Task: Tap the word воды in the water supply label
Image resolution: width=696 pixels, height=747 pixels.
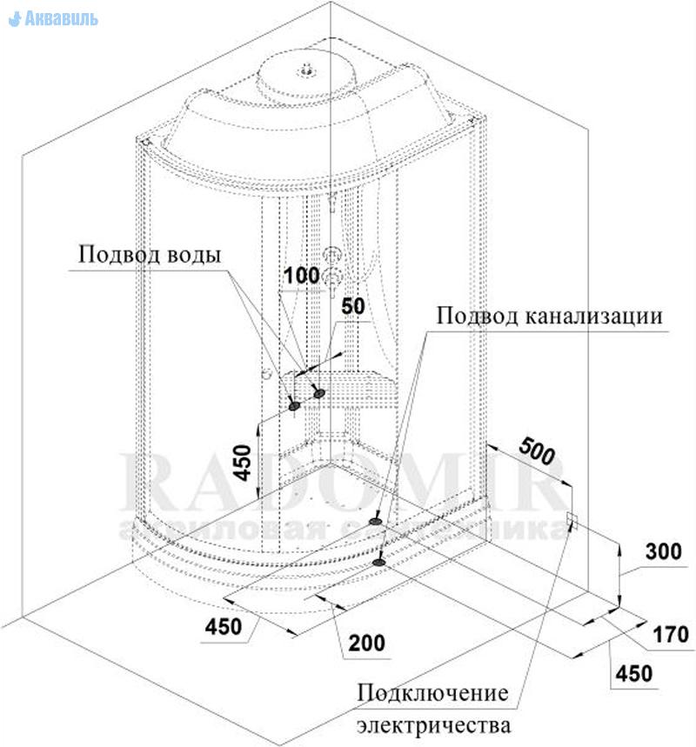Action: pos(192,256)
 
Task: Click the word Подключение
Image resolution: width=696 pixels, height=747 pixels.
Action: pos(432,693)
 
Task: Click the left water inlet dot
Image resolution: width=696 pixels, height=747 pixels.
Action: pos(294,404)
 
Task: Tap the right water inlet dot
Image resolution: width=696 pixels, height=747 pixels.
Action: pos(319,394)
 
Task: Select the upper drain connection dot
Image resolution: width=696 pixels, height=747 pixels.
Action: pos(375,521)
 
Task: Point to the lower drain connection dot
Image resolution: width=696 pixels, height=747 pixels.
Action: pos(380,562)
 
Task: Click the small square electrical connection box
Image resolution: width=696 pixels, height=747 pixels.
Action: pos(572,521)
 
